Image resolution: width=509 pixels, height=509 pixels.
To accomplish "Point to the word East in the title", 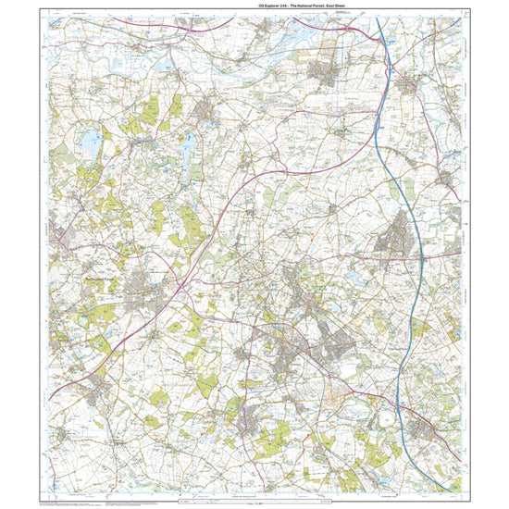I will [317, 6].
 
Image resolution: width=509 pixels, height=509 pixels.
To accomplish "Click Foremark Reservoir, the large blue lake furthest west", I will [91, 143].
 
